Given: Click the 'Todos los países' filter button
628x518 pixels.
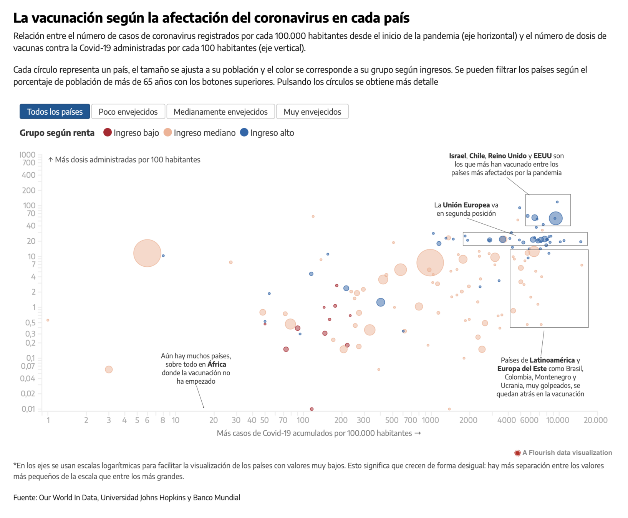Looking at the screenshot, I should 55,112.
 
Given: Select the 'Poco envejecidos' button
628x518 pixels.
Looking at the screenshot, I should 128,112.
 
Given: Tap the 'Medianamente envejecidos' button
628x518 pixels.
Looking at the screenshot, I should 220,112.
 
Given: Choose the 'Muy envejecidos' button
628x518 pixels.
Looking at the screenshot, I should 312,112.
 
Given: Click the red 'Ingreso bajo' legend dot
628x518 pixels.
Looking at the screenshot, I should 108,132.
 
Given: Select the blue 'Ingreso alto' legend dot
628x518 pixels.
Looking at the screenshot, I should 244,132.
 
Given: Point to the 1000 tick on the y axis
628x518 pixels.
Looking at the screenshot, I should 28,155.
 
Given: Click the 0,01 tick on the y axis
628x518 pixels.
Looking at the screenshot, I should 28,409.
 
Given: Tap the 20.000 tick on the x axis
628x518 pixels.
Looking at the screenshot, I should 595,420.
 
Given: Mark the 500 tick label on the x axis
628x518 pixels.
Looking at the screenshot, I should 392,420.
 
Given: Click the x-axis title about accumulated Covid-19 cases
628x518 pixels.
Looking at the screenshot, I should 319,433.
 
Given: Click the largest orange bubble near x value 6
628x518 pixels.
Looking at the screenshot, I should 147,253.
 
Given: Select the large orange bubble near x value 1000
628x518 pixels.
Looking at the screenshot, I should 430,263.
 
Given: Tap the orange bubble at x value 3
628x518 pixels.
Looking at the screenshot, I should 109,370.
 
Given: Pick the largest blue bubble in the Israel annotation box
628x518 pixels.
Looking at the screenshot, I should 555,218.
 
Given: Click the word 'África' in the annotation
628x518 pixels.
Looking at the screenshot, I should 217,365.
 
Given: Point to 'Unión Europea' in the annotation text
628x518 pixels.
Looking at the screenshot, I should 466,205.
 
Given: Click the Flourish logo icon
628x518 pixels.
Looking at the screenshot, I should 517,453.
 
